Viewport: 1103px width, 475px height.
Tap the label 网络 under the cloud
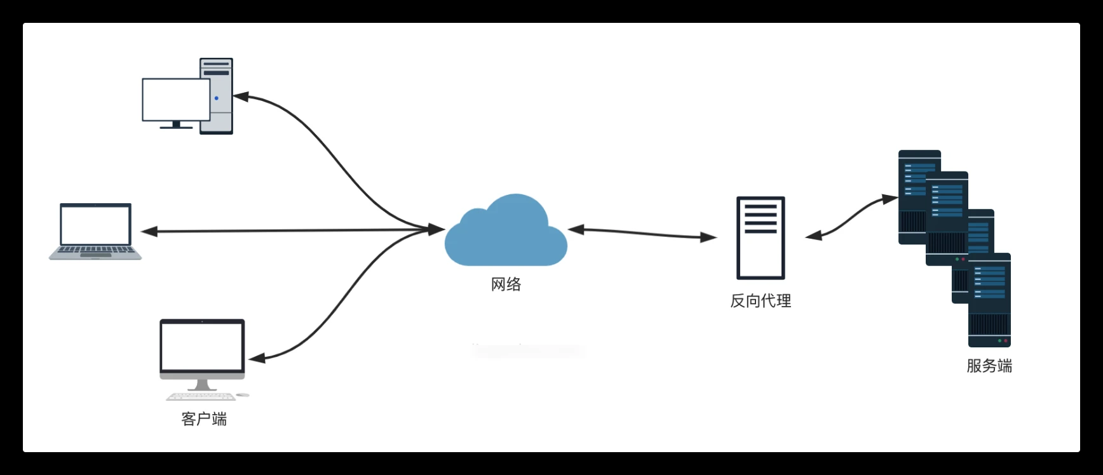(x=506, y=284)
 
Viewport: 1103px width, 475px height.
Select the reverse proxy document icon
(x=761, y=237)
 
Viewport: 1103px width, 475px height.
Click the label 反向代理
(x=761, y=301)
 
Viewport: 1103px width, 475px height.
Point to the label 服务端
(x=989, y=366)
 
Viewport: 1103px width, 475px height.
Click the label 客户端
(x=204, y=419)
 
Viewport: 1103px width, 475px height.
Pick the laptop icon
(x=95, y=231)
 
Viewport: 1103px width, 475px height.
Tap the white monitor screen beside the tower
(x=175, y=99)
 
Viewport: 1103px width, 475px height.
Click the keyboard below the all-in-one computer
(x=201, y=397)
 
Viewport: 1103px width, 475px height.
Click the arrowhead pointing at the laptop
(x=149, y=232)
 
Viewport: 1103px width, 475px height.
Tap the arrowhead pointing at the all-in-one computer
(x=257, y=359)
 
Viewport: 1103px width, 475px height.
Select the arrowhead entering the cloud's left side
(x=436, y=229)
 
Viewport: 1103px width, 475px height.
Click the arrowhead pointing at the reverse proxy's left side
(x=708, y=237)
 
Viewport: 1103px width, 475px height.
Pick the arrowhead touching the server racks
(x=890, y=199)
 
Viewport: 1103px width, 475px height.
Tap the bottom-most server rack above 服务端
(x=989, y=300)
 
